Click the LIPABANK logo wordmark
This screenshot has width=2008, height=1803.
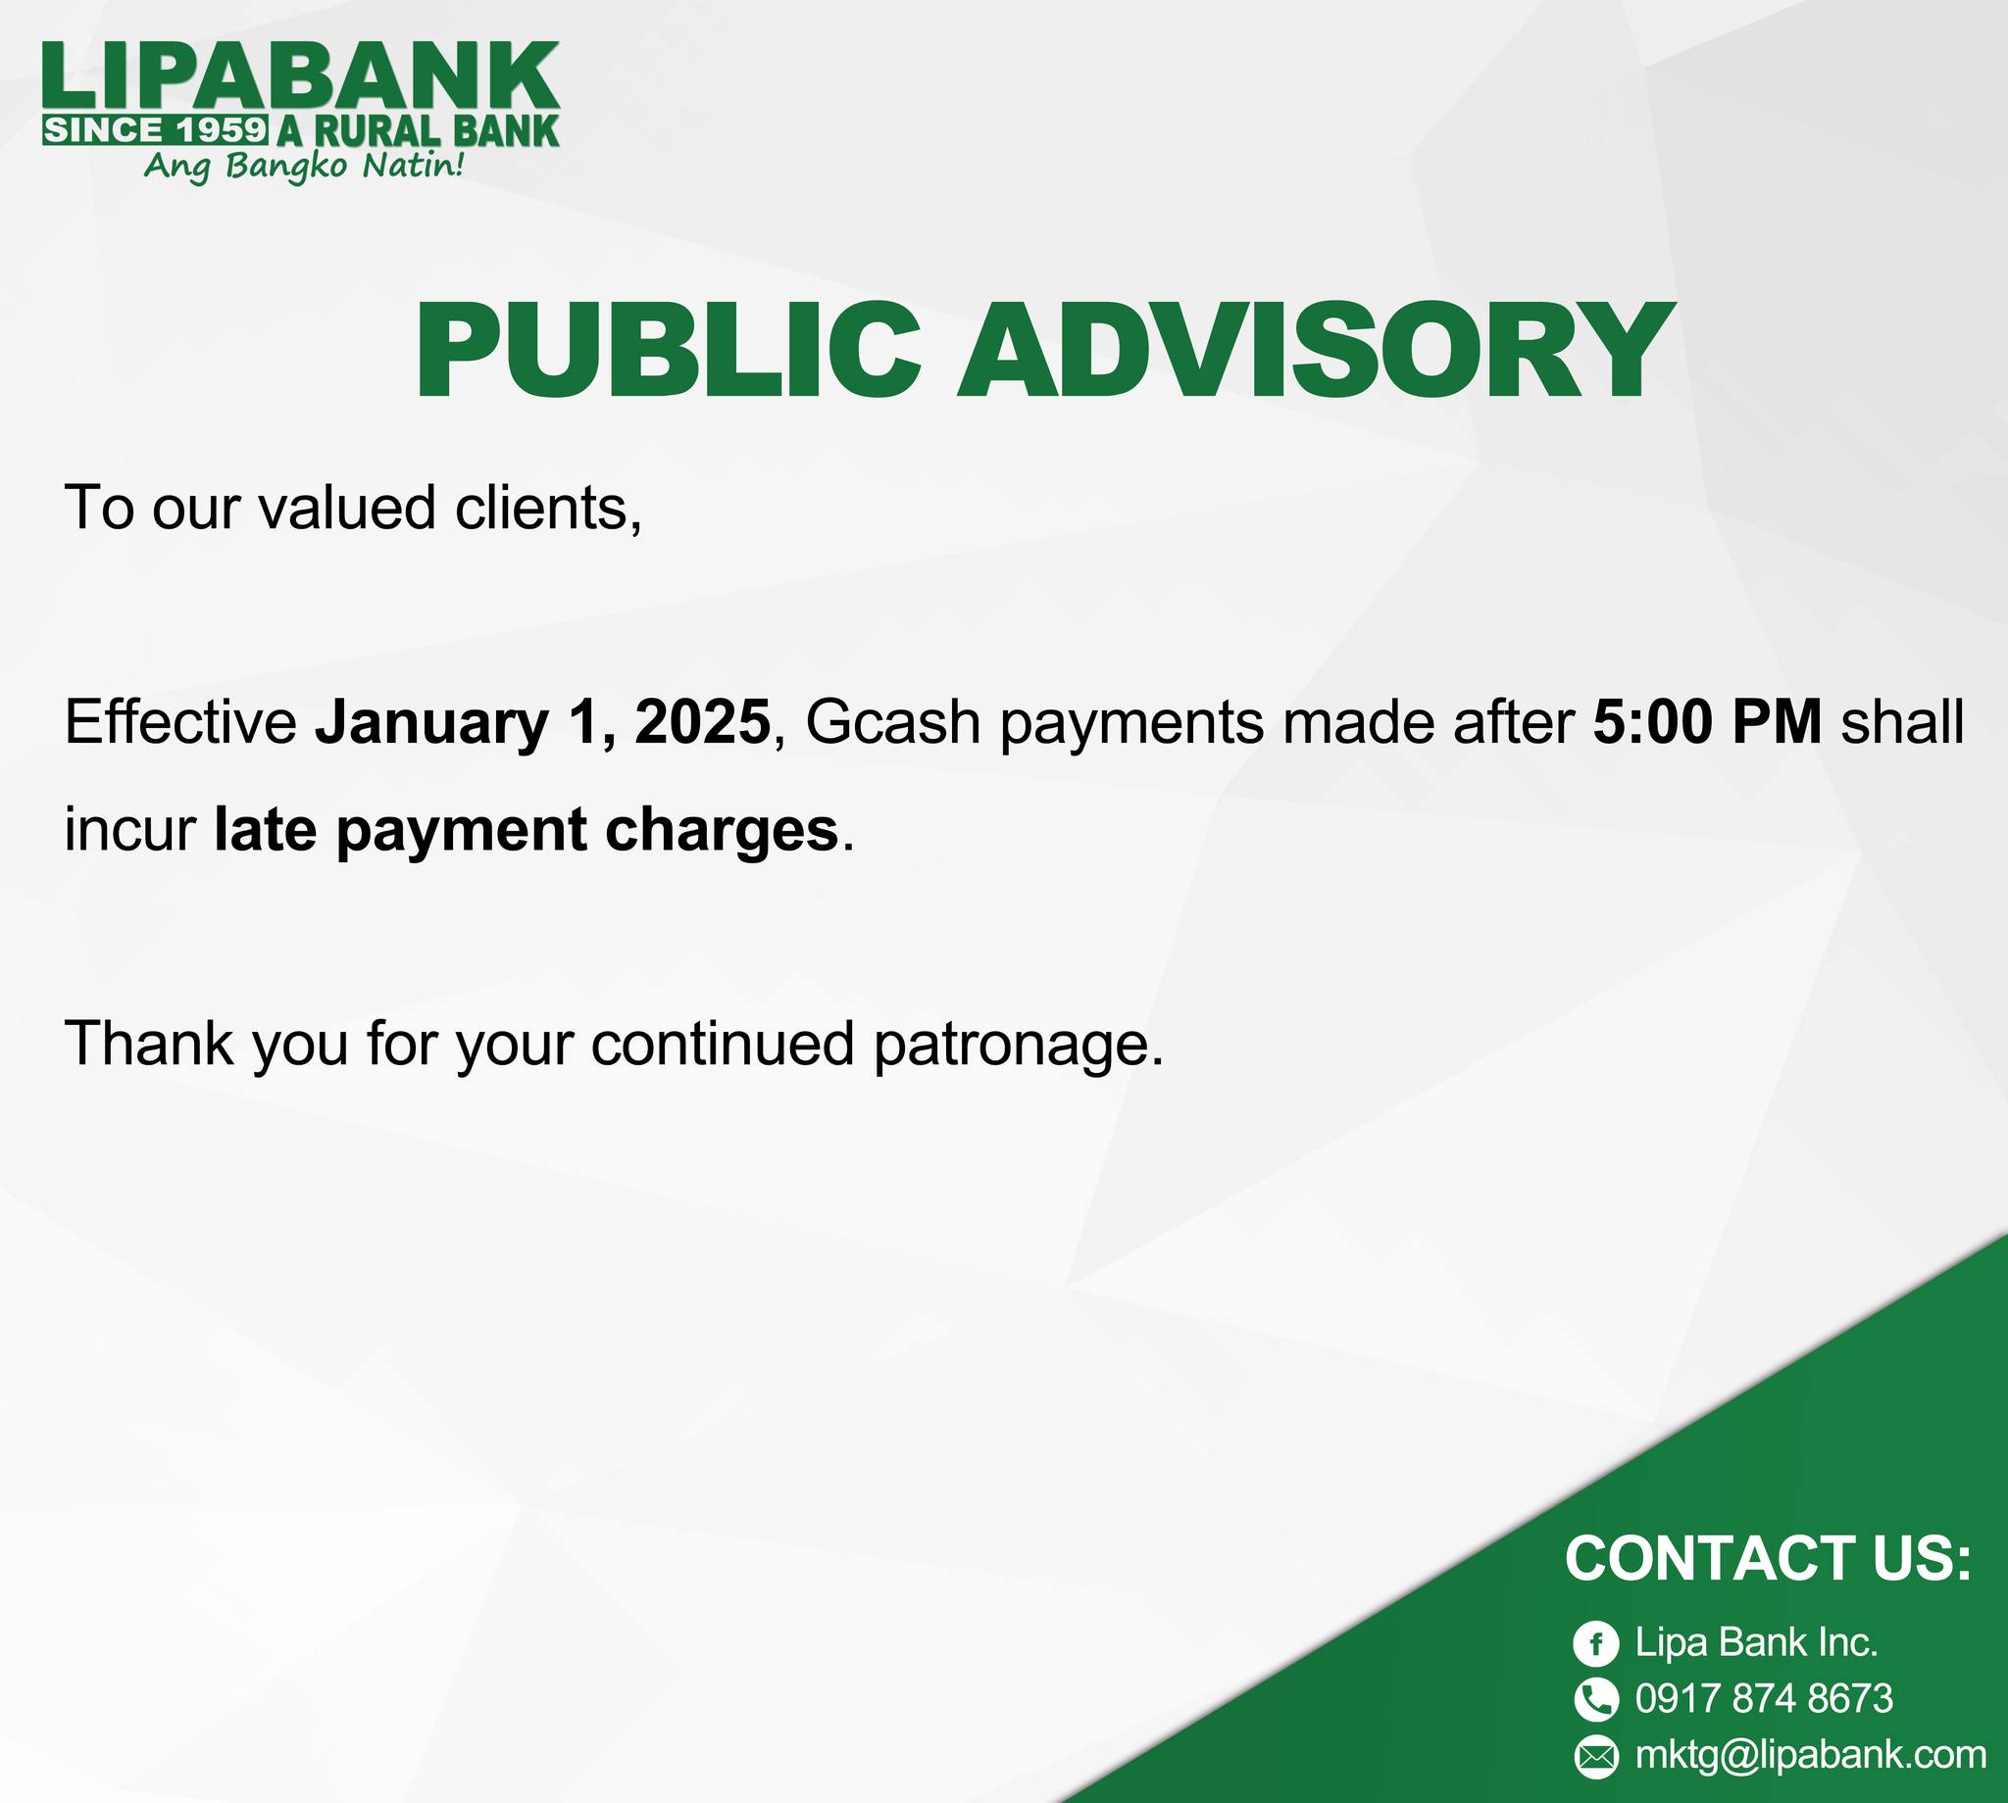(x=301, y=76)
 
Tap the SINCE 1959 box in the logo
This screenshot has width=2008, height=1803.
(x=156, y=129)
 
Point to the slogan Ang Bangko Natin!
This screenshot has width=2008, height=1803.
(x=303, y=166)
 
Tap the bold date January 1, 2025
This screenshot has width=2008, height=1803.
(x=543, y=722)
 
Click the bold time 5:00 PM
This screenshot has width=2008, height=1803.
(x=1708, y=721)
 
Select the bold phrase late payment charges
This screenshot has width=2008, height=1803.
(x=527, y=829)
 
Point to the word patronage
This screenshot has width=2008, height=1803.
(x=1018, y=1047)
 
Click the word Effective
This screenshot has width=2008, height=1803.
(x=180, y=721)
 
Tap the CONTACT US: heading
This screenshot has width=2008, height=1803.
(x=1768, y=1558)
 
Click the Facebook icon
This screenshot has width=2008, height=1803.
(x=1595, y=1643)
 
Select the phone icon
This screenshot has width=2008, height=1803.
(x=1595, y=1699)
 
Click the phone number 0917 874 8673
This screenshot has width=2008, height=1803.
(x=1764, y=1699)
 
